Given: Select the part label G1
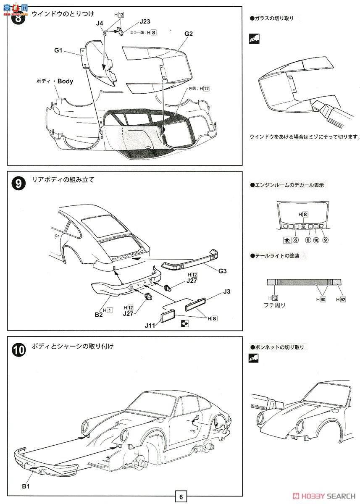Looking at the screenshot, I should (58, 51).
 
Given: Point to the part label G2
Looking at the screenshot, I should (188, 34).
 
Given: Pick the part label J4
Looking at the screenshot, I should (100, 23).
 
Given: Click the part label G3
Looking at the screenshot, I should (222, 271).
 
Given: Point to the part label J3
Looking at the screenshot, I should (227, 291).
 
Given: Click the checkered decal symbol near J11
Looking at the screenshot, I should (184, 323).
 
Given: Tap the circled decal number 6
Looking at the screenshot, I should (296, 240).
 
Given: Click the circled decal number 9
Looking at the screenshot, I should (326, 240).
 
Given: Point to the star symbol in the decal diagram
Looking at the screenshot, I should (287, 240).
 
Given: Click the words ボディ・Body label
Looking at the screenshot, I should (55, 81).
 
